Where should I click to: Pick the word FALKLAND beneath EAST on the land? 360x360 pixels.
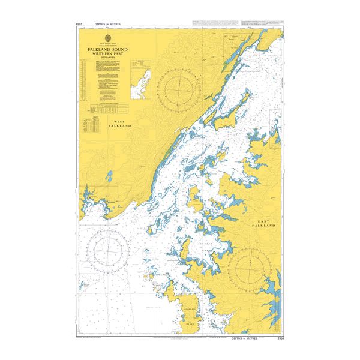tap(264, 226)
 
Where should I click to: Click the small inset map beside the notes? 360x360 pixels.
tap(139, 81)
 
